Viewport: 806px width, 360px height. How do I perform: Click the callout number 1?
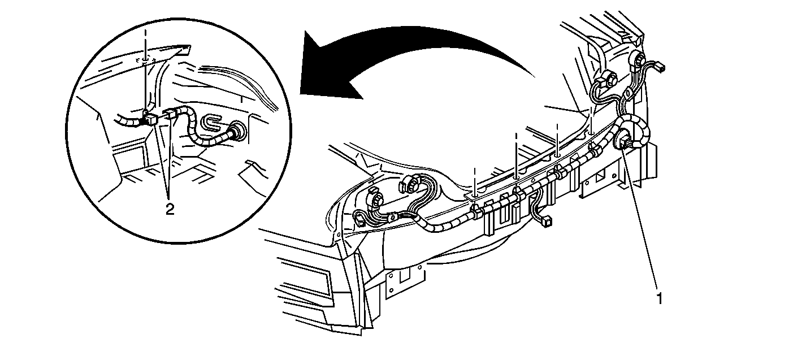click(x=660, y=298)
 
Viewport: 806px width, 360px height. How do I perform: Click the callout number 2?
click(x=170, y=209)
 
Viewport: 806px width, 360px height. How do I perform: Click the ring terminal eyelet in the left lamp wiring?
click(x=393, y=217)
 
